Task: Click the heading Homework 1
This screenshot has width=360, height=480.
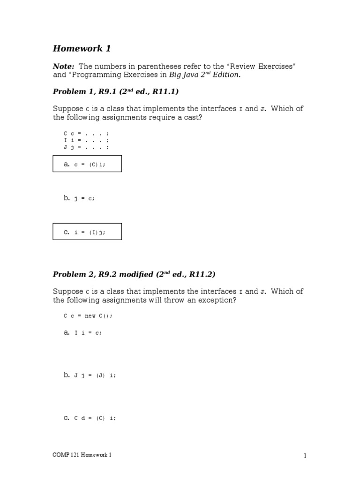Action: pos(82,48)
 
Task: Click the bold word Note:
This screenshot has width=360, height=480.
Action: pos(63,66)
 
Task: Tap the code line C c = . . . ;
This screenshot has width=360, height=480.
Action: pos(86,134)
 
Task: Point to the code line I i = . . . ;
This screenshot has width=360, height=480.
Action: pos(86,140)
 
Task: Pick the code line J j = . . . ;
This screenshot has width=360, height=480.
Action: pos(86,147)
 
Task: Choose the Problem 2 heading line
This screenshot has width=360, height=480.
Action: pos(134,274)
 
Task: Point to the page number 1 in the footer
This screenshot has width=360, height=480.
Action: pos(305,455)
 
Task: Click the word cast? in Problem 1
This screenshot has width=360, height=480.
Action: pos(193,117)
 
